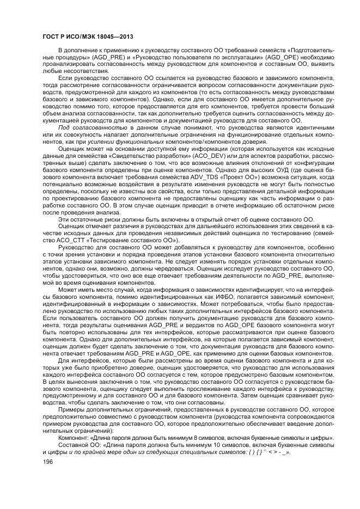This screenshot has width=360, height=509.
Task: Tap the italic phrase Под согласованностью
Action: click(84, 126)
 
